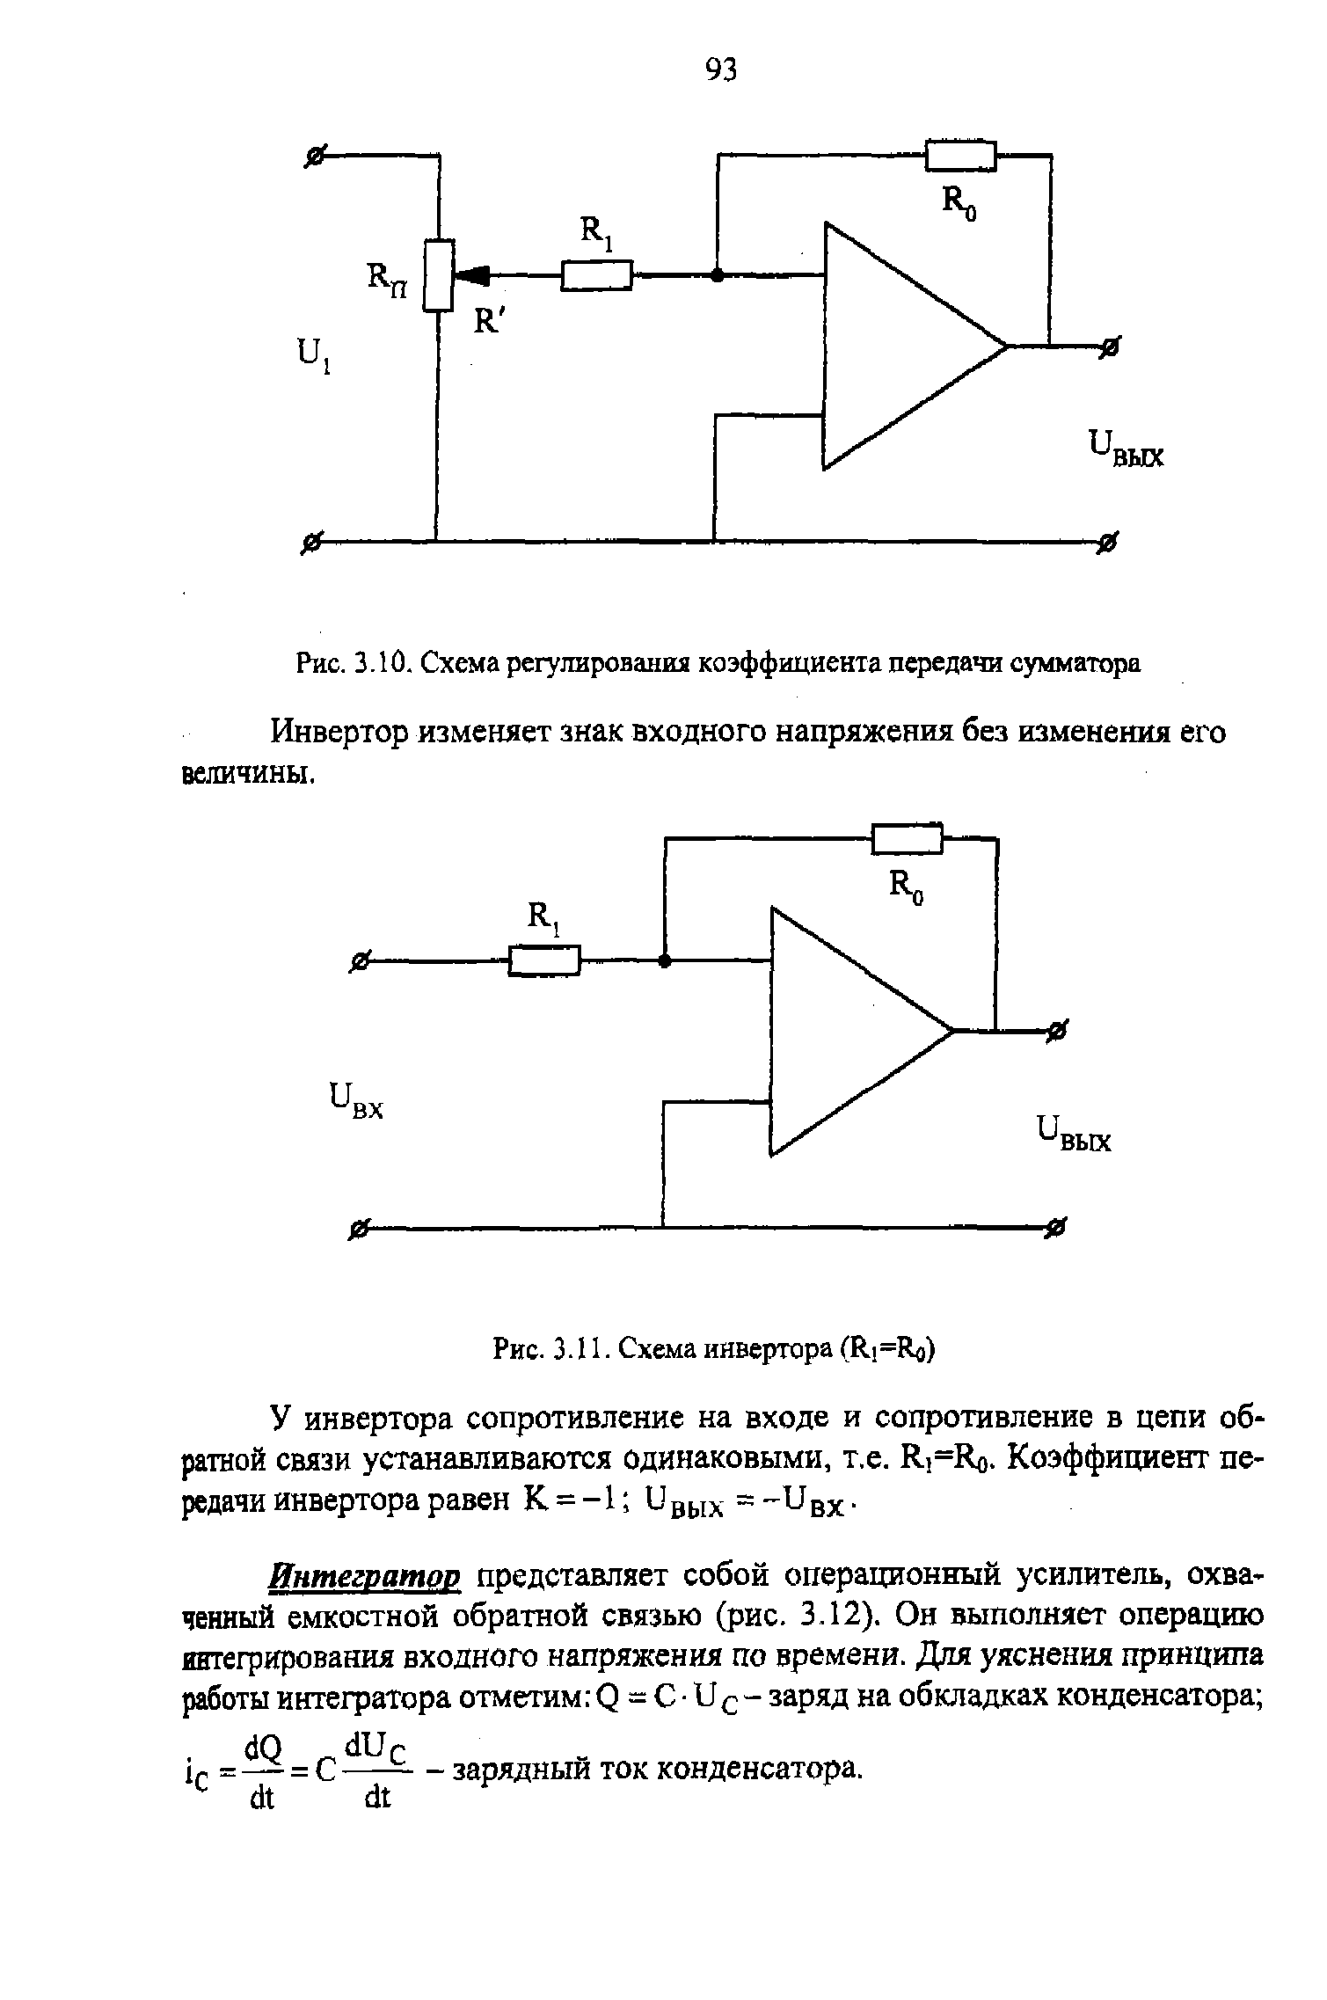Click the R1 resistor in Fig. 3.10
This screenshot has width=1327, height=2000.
point(597,276)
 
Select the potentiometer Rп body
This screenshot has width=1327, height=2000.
point(437,274)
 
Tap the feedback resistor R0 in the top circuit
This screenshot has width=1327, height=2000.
point(961,156)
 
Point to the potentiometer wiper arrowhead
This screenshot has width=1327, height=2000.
point(470,275)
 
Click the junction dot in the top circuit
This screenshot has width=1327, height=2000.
point(717,275)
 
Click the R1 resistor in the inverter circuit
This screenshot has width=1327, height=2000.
point(545,960)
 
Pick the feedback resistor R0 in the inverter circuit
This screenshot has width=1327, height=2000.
point(907,839)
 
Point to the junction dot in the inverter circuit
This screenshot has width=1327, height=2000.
point(665,960)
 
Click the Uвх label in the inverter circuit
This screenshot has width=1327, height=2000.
point(355,1101)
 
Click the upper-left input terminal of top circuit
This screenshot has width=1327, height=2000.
point(312,157)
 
